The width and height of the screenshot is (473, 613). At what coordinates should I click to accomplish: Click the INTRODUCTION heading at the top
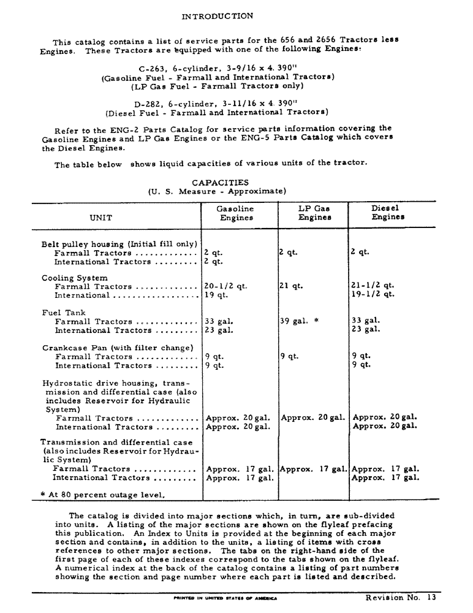[217, 16]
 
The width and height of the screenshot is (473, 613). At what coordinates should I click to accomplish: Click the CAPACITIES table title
[220, 182]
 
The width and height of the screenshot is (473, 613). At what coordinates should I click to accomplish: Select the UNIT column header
[101, 217]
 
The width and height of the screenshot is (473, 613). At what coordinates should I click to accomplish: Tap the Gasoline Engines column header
[235, 213]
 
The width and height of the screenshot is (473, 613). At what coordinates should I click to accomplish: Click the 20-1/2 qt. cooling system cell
[225, 286]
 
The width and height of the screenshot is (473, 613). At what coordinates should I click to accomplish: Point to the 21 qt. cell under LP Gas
[291, 286]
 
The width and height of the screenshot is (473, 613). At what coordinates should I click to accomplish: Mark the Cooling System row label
[75, 278]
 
